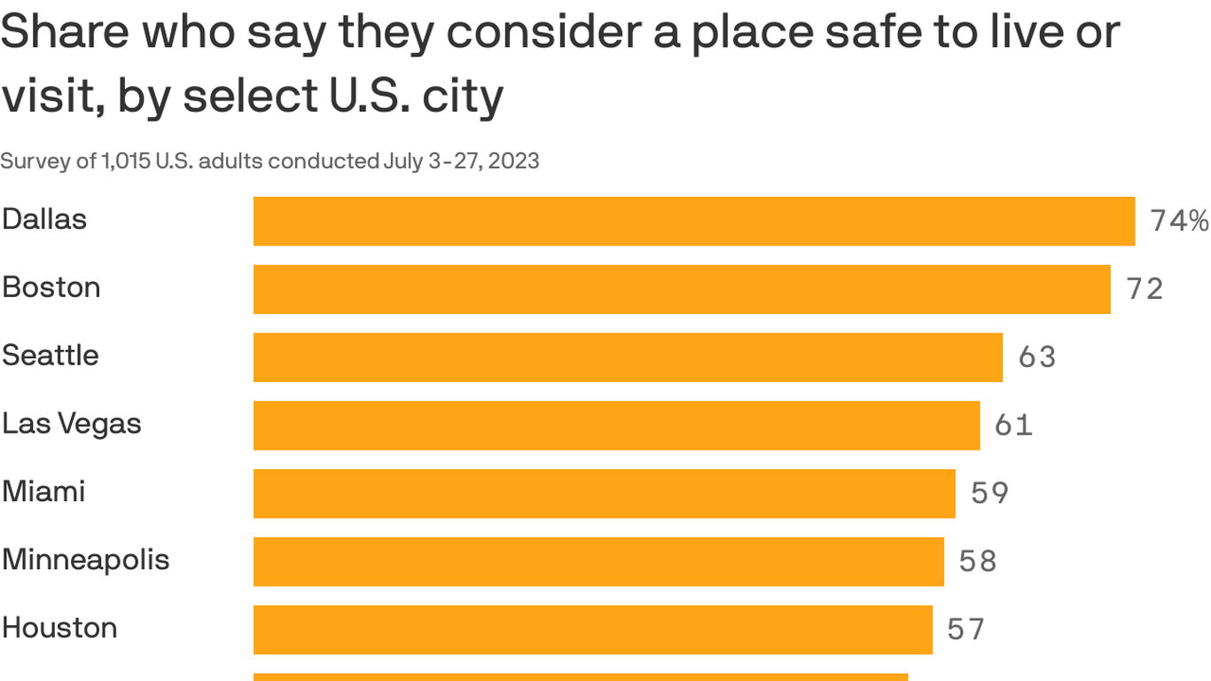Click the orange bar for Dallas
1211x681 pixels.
(694, 221)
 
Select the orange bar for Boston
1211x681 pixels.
(682, 289)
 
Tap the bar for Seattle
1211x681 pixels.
(628, 357)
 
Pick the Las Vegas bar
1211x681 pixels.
(616, 426)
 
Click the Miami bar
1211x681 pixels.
(604, 493)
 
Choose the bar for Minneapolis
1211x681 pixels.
(598, 561)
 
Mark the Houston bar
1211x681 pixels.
(592, 630)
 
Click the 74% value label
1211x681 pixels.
(1179, 221)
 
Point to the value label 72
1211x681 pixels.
(1145, 289)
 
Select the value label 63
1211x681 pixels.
(1037, 357)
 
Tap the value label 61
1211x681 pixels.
(1013, 426)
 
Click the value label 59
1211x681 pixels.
(989, 493)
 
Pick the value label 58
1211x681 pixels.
(978, 561)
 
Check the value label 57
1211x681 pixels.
(965, 630)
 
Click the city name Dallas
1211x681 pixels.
(44, 219)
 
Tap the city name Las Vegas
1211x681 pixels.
(72, 424)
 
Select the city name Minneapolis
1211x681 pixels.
(85, 560)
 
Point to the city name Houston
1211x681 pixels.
(59, 628)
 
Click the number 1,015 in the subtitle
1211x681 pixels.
(126, 161)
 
